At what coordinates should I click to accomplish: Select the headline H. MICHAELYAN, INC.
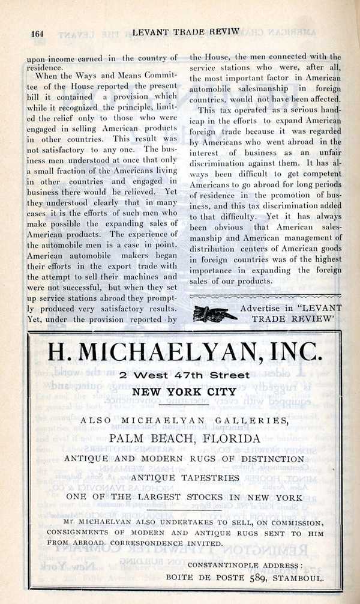point(184,351)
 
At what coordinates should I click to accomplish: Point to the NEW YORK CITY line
point(184,393)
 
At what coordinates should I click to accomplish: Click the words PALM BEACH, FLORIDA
point(184,438)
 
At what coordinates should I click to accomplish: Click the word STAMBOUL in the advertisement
point(298,579)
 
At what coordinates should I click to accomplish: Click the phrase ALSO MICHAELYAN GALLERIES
point(184,421)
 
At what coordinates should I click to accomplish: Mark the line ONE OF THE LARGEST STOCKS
point(184,498)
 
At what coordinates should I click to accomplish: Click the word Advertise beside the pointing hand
point(260,308)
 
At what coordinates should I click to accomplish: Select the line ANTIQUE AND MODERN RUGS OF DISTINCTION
point(184,458)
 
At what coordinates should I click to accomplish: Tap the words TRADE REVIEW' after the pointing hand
point(293,319)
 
